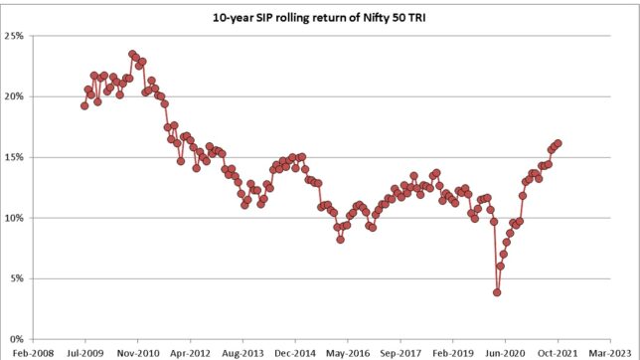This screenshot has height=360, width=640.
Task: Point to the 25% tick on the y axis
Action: click(19, 36)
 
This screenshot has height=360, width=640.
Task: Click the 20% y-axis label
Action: click(19, 96)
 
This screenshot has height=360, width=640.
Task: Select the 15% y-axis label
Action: click(19, 157)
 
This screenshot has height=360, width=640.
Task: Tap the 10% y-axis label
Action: click(19, 218)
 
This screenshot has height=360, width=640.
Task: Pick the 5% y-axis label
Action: click(22, 278)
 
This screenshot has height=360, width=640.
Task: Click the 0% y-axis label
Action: click(22, 339)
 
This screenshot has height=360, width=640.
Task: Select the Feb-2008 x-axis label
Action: click(34, 351)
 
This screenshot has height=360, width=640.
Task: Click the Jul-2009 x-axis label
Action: click(86, 351)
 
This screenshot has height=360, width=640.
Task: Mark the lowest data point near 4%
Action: click(497, 292)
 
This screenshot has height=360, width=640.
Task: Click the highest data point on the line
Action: click(132, 55)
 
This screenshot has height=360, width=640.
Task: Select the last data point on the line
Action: click(559, 143)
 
